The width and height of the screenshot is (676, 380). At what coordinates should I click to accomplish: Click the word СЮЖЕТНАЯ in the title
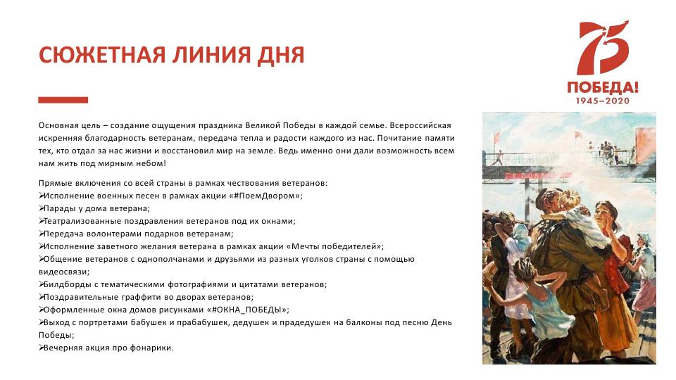pos(102,55)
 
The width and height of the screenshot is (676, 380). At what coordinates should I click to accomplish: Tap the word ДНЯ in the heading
pos(281,56)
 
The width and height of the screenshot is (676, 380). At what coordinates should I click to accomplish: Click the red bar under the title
pos(63,100)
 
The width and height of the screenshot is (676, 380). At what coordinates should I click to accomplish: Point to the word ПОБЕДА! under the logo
pos(603,87)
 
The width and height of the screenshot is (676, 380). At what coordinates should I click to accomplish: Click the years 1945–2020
pos(603,101)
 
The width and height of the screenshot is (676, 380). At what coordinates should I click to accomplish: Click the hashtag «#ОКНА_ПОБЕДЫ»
pos(247,310)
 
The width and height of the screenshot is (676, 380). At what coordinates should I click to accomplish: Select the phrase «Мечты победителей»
pos(334,246)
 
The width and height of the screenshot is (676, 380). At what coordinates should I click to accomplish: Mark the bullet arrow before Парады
pos(42,208)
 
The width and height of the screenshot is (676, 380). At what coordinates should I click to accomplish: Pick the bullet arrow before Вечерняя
pos(42,348)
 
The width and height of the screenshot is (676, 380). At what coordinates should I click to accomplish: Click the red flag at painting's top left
pos(496,137)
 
